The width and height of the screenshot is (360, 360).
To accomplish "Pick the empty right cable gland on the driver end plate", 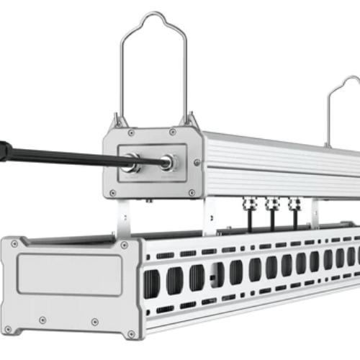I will [x=166, y=163].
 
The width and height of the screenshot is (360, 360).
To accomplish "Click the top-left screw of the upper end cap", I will [x=131, y=133].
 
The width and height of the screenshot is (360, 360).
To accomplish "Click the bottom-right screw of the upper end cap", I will [x=191, y=192].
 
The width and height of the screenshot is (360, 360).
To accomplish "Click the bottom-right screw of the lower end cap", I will [x=131, y=334].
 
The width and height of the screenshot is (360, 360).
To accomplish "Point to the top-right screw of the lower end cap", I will [x=125, y=246].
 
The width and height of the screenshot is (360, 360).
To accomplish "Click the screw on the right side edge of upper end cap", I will [x=197, y=163].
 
